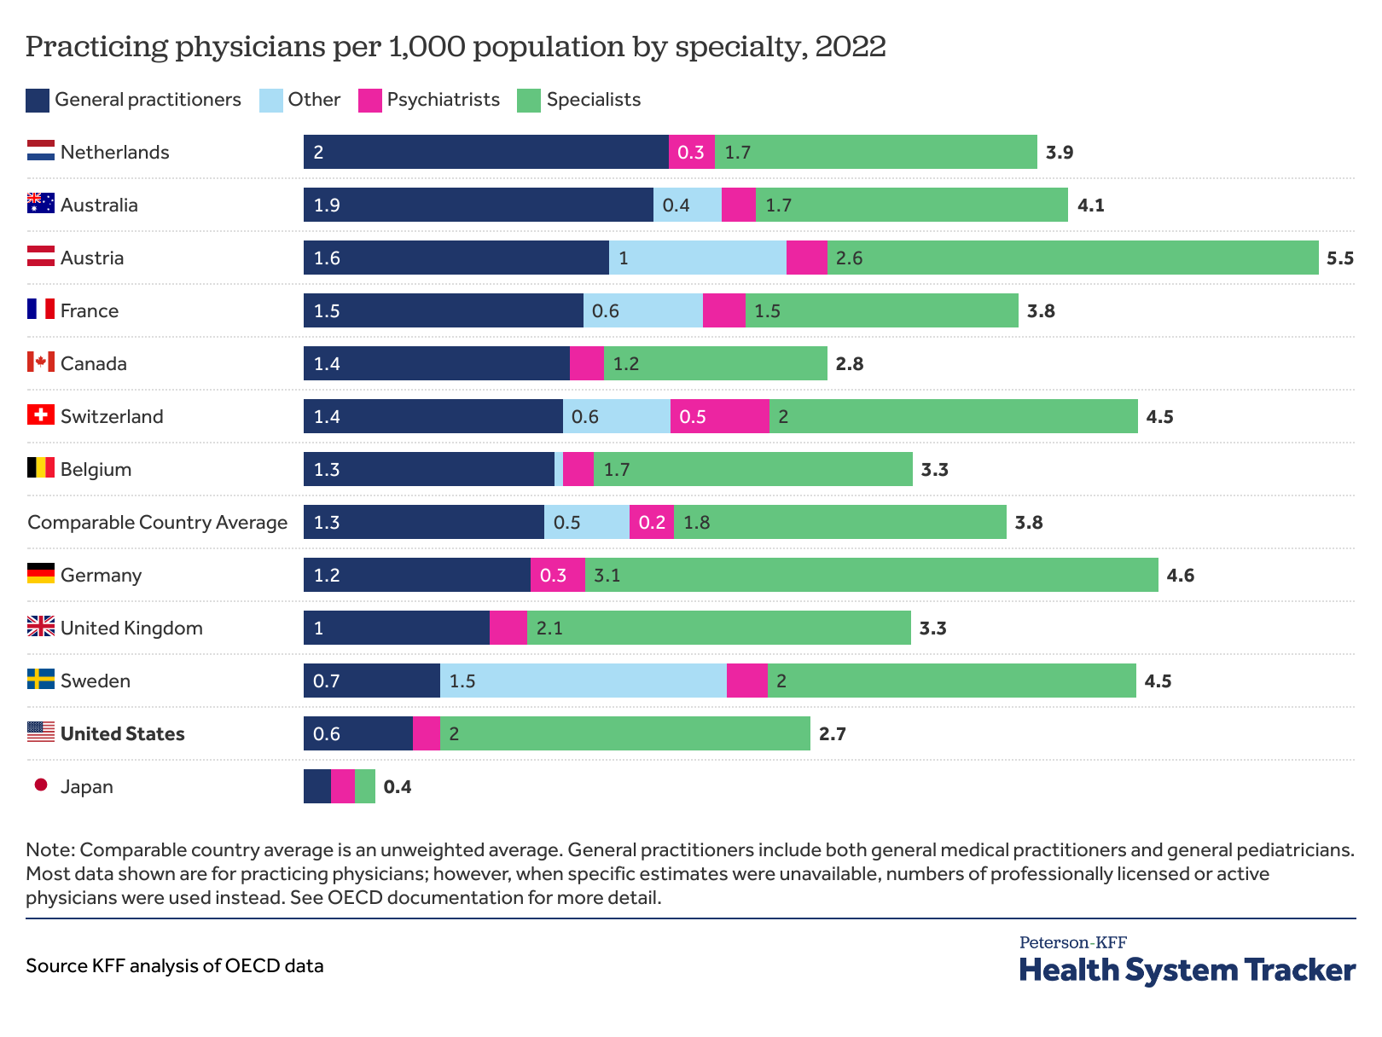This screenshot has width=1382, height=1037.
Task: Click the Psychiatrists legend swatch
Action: (369, 101)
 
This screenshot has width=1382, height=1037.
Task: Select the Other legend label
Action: (314, 100)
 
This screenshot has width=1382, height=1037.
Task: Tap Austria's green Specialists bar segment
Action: (1072, 258)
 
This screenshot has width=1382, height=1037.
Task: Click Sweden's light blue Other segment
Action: (584, 681)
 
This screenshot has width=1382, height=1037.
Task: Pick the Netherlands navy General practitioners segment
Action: (485, 152)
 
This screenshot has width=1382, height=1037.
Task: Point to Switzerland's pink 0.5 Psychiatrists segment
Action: (719, 416)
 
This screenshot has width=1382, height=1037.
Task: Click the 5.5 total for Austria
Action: (1339, 258)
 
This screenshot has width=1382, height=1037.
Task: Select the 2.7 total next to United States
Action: (832, 734)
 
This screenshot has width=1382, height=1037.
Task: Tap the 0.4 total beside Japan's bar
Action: (398, 787)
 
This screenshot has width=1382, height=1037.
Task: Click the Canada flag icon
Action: (40, 362)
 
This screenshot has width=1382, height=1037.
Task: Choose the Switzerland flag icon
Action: (40, 415)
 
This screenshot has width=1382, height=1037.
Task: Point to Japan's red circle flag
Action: (41, 785)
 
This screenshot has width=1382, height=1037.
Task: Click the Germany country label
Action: (101, 576)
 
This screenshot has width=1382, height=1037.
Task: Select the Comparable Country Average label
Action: (157, 523)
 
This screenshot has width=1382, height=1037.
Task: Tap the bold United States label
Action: (122, 734)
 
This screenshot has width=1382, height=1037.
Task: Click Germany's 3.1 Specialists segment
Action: (871, 575)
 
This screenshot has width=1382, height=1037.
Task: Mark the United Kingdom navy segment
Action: (397, 628)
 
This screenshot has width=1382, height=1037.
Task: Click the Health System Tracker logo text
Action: (1187, 970)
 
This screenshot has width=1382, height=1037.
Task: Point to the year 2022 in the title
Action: (850, 46)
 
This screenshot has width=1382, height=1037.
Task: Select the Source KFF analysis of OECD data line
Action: (175, 966)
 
